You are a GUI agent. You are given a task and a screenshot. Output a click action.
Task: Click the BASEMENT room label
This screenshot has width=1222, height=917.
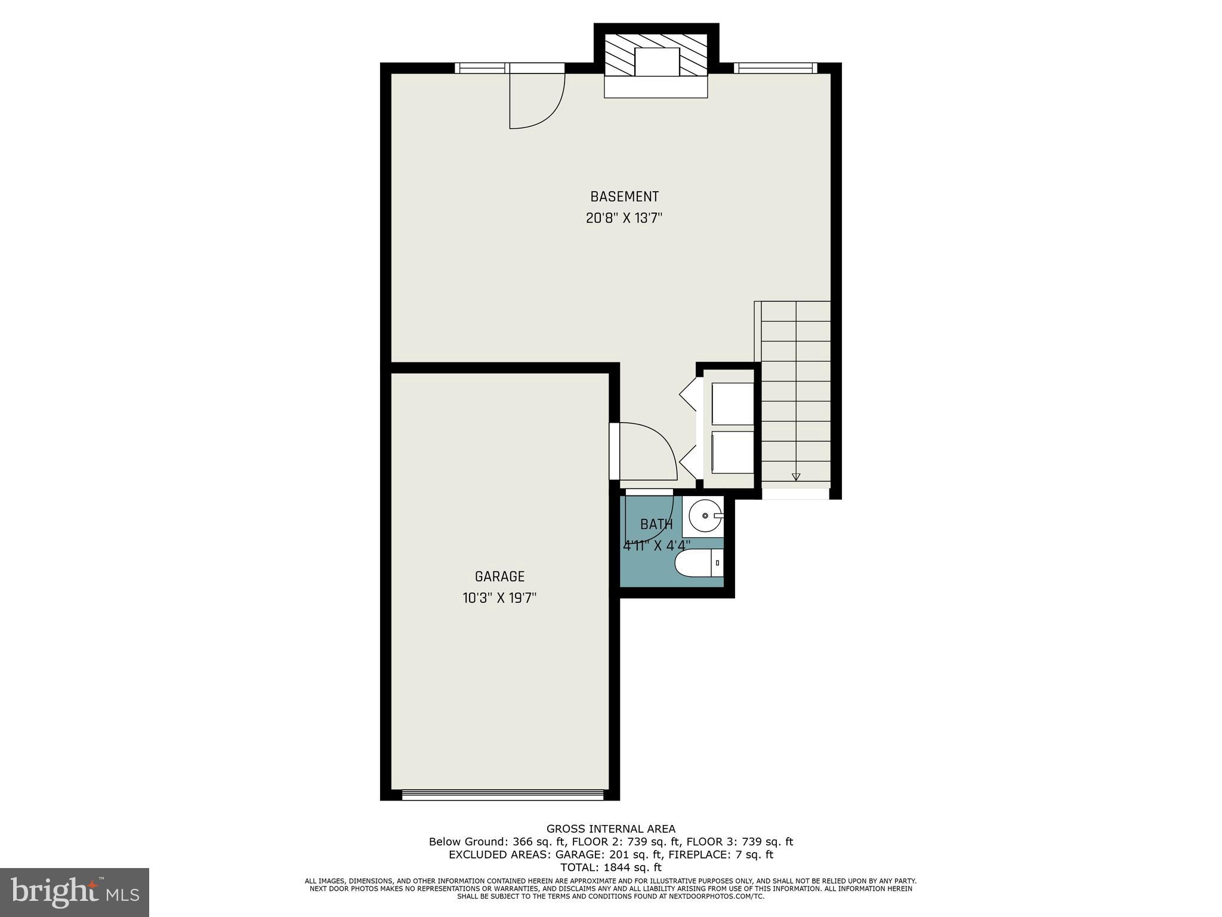pyautogui.click(x=624, y=196)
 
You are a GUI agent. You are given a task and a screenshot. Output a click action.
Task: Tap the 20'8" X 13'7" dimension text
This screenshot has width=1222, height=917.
pyautogui.click(x=624, y=219)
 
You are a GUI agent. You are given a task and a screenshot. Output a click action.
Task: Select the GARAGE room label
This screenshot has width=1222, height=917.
pyautogui.click(x=499, y=576)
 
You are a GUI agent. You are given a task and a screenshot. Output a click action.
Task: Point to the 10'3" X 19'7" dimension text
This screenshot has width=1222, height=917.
pyautogui.click(x=499, y=598)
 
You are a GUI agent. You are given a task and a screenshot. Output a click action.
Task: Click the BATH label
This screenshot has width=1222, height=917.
pyautogui.click(x=656, y=524)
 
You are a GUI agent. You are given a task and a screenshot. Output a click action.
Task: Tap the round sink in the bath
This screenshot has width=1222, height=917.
pyautogui.click(x=705, y=515)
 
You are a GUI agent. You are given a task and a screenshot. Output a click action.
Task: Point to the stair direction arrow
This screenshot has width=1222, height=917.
pyautogui.click(x=796, y=476)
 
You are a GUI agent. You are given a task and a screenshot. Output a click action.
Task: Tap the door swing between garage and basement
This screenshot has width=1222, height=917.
pyautogui.click(x=647, y=451)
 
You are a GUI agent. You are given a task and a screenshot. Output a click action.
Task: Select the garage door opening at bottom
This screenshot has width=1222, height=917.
pyautogui.click(x=502, y=795)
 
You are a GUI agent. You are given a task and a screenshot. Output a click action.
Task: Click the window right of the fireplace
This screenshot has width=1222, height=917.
pyautogui.click(x=774, y=68)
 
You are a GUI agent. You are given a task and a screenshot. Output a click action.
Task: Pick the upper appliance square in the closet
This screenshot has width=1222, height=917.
pyautogui.click(x=733, y=404)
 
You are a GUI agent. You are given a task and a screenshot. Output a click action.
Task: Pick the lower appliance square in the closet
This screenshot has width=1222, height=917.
pyautogui.click(x=733, y=452)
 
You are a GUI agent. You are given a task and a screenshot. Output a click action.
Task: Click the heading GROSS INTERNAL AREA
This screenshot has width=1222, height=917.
pyautogui.click(x=610, y=829)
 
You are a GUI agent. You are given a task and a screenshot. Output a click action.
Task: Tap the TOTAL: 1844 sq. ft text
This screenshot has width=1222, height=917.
pyautogui.click(x=610, y=867)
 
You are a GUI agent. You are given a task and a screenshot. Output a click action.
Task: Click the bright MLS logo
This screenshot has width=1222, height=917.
pyautogui.click(x=74, y=892)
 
